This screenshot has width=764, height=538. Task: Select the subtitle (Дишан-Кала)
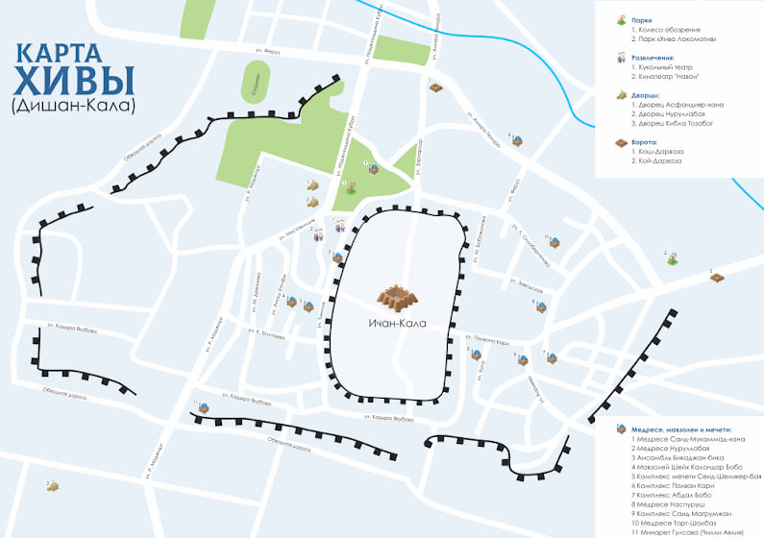[x=74, y=104]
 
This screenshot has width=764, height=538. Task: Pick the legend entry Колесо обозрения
[x=664, y=30]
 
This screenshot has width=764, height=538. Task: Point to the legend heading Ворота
[x=646, y=142]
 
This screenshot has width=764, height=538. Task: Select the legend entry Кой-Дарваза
[x=659, y=160]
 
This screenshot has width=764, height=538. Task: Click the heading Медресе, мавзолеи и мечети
[x=682, y=429]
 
